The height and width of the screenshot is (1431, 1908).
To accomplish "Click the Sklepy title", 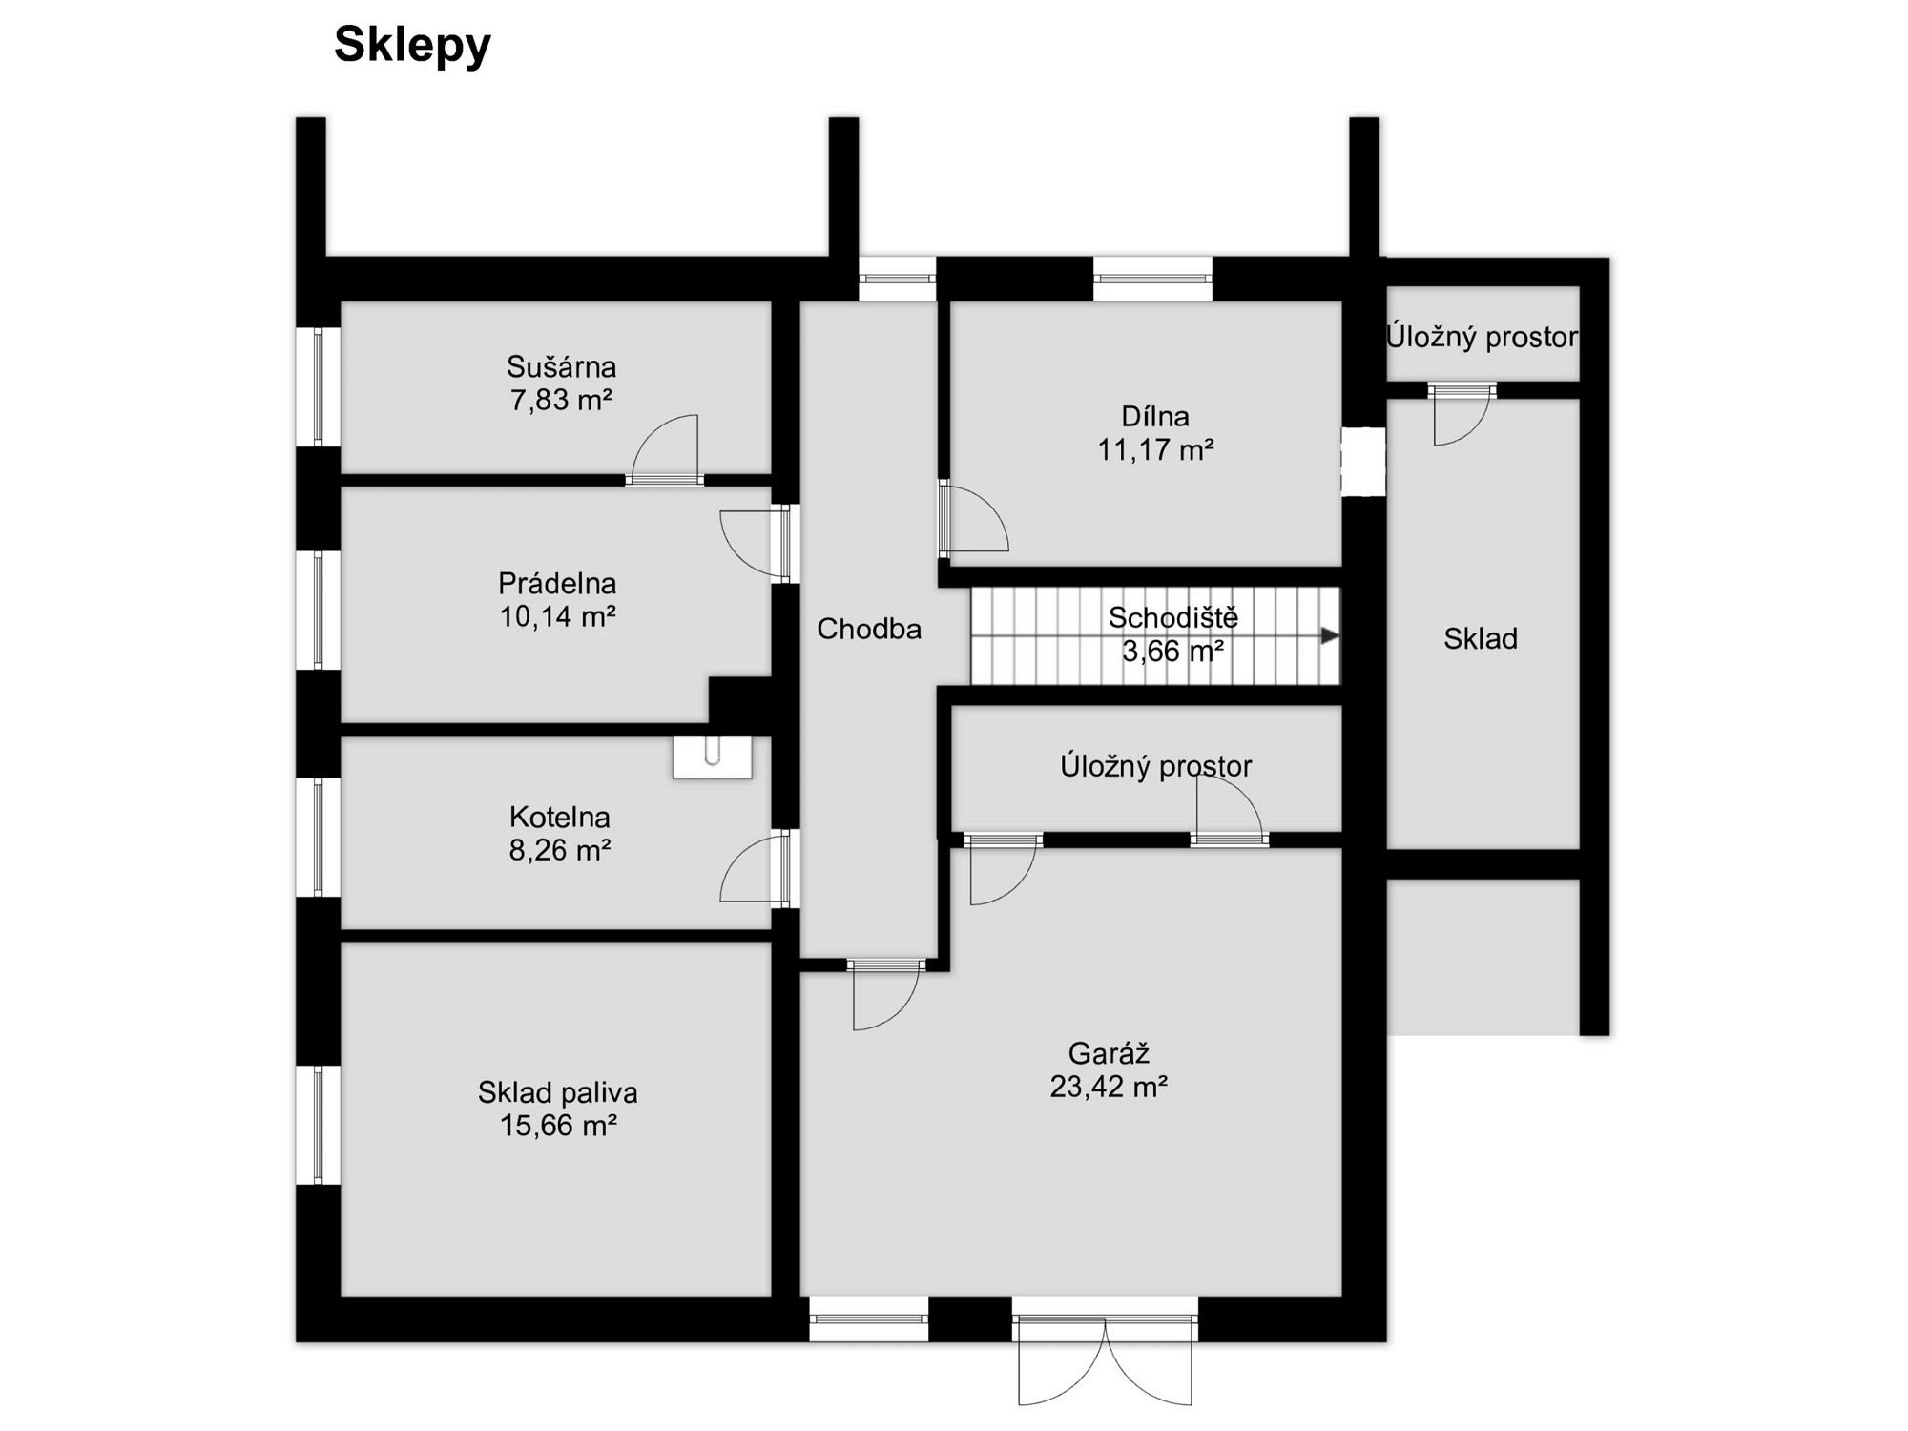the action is point(412,46).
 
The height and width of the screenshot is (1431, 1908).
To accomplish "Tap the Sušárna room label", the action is point(561,366).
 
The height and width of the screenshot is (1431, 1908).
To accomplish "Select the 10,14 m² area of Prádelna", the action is point(558,616).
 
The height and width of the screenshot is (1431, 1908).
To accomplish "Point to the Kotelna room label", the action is point(559,817).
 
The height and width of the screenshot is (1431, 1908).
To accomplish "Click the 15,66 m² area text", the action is point(559,1126).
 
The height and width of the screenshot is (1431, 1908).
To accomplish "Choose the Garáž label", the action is point(1109,1053).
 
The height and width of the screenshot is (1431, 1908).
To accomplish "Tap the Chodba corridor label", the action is point(869,629).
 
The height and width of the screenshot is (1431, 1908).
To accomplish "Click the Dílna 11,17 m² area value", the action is point(1155,449).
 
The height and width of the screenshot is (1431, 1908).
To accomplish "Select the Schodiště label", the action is point(1173,617).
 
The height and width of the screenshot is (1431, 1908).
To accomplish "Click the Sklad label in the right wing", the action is point(1481,638).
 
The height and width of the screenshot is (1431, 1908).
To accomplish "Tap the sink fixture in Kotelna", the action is point(712,757).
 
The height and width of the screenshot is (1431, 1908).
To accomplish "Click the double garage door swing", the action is point(1105,1360).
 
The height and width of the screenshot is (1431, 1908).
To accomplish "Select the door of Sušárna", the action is point(665,448).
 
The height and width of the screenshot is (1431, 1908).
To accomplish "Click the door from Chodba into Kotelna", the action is point(756,867).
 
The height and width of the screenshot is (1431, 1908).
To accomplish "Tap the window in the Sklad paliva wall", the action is point(319,1125).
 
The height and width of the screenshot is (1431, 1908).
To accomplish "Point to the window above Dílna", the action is point(1152,279).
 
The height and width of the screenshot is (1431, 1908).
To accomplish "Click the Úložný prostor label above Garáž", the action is point(1156,765).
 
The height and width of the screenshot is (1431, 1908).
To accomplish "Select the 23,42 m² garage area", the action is point(1109,1087).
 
